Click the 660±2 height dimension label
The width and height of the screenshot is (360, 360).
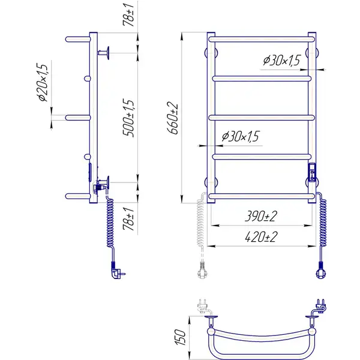point(172,118)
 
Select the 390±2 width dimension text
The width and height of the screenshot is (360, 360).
point(261,216)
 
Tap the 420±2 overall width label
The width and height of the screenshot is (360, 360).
point(261,237)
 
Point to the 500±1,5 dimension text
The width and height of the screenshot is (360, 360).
point(128,118)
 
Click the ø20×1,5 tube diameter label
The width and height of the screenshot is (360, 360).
point(43,82)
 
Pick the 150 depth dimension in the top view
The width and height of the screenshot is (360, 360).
point(180,337)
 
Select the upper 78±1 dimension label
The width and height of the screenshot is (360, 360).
point(128,14)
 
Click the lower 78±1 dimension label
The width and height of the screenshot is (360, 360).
point(128,219)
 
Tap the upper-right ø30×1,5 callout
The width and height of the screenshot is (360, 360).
point(282,61)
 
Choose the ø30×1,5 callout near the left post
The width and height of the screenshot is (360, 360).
point(241,136)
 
